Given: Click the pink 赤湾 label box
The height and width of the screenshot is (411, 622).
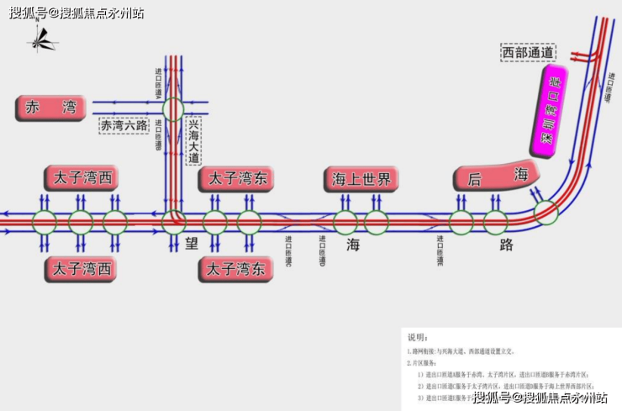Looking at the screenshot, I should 51,108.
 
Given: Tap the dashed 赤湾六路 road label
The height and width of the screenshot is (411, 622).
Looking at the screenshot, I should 124,126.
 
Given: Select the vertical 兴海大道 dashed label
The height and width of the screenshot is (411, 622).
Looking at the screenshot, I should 194,140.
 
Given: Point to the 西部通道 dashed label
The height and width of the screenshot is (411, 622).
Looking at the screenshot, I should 527,53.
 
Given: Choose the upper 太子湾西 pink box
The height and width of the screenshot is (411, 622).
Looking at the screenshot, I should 81,178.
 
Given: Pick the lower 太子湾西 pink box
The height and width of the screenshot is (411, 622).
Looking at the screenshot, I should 81,270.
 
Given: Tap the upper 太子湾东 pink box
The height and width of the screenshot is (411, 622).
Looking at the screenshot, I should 236,178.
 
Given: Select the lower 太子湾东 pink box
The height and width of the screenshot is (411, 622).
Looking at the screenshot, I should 236,270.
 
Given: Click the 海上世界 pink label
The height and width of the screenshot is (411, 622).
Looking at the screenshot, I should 361,178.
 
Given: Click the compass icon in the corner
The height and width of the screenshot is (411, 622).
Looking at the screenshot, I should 42,39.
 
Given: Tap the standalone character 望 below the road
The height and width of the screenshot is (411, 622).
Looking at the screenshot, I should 192,245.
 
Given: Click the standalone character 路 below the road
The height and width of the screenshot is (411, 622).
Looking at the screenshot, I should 506,245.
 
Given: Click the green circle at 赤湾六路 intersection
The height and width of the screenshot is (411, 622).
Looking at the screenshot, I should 173,108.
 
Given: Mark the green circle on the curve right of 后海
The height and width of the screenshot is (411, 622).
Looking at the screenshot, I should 546,213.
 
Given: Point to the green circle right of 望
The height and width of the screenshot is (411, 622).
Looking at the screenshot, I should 214,223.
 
